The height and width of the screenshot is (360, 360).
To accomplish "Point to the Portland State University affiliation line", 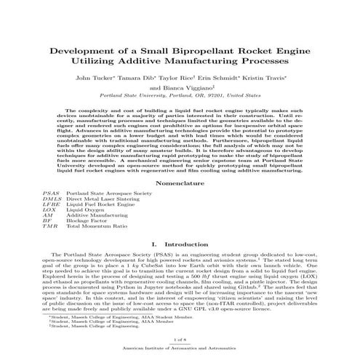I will [x=180, y=95].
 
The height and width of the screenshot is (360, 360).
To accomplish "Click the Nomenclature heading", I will [x=180, y=184].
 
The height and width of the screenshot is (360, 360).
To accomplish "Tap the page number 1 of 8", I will [x=180, y=340].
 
